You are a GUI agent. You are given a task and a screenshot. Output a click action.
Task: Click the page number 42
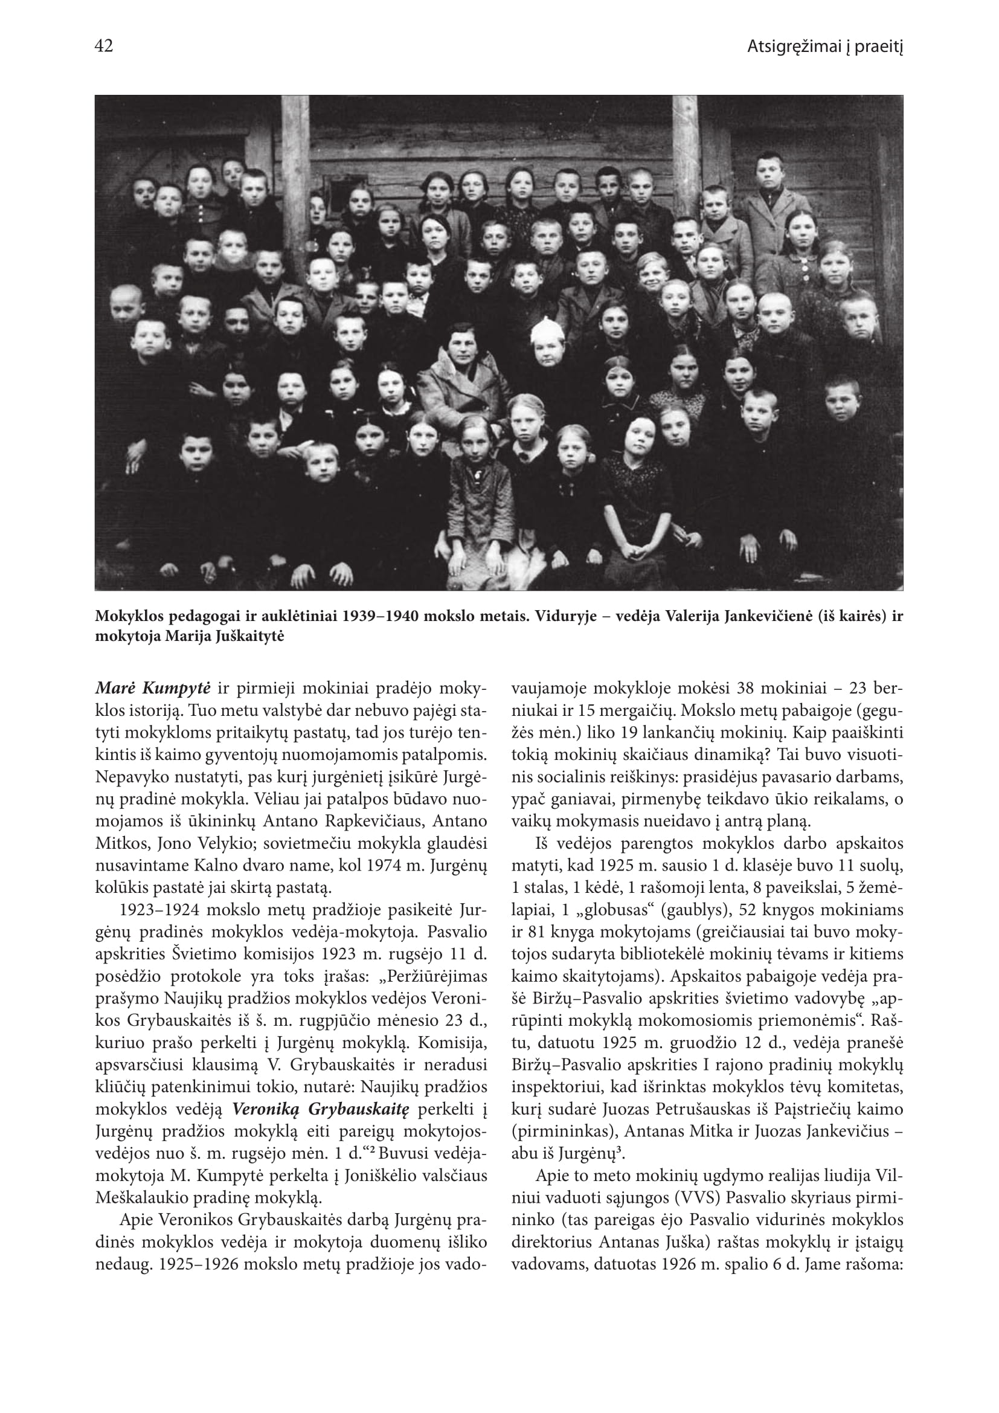click(104, 46)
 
